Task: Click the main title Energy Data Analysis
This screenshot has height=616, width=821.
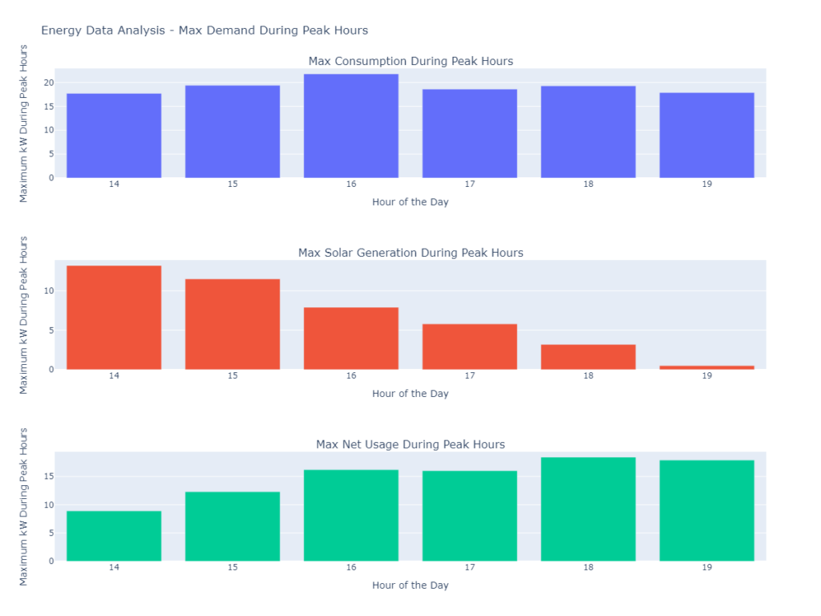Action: point(204,30)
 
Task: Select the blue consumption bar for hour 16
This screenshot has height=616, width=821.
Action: point(351,126)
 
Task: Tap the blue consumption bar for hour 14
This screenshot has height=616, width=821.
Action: point(114,136)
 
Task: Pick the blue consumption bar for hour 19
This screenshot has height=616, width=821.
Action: point(707,136)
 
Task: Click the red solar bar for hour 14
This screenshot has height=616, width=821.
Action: point(114,318)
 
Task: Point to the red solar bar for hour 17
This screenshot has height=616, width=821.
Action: point(470,346)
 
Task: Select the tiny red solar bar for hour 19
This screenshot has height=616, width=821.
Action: point(707,367)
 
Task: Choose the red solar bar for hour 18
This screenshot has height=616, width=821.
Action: point(588,357)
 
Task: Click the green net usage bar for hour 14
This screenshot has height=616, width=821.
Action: point(114,536)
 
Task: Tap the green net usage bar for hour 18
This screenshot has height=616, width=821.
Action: point(588,509)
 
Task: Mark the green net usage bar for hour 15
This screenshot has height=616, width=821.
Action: point(233,526)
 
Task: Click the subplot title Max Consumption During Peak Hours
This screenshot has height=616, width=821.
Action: point(410,61)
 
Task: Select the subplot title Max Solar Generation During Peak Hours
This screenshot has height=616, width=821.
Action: point(410,253)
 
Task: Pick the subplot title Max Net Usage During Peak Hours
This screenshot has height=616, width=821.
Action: point(410,444)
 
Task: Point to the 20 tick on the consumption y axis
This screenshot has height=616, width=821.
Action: point(49,83)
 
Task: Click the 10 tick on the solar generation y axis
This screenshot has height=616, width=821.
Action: point(49,290)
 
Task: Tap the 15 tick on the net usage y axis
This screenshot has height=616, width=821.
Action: point(49,476)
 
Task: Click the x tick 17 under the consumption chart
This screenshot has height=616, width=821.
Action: point(470,184)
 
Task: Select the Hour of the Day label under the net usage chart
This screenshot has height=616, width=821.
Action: point(410,586)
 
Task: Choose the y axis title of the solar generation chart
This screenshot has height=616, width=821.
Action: point(24,314)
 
